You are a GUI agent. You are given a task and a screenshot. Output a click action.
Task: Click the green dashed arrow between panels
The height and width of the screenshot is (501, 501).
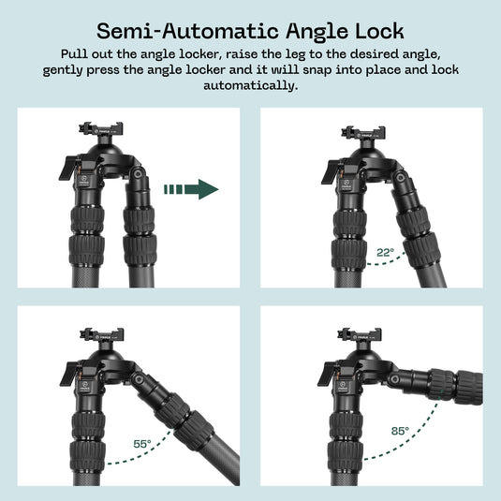click(x=191, y=190)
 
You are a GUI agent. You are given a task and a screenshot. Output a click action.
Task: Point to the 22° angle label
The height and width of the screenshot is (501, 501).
click(x=384, y=252)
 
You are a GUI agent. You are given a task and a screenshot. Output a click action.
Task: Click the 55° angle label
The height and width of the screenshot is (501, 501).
click(x=142, y=446)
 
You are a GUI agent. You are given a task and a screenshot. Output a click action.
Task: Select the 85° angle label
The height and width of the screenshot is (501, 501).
click(x=400, y=431)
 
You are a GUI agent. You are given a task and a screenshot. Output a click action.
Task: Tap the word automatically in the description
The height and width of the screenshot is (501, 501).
click(x=250, y=86)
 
